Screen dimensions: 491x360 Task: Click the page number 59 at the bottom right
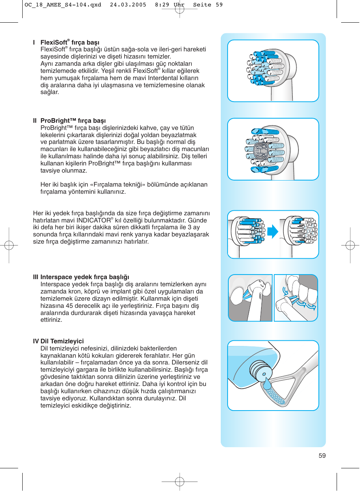click(322, 455)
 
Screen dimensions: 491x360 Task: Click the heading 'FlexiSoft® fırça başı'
click(70, 42)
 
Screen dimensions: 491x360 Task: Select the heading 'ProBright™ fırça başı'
click(73, 120)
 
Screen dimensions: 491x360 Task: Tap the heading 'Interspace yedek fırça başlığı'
click(85, 277)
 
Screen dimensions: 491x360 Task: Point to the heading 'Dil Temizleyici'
click(62, 341)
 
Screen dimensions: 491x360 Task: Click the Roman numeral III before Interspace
click(35, 277)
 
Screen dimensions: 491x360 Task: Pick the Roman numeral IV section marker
click(36, 341)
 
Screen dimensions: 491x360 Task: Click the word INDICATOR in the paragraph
click(94, 220)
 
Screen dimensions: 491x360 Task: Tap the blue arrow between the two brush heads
click(272, 232)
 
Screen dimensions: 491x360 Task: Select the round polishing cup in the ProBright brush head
click(260, 151)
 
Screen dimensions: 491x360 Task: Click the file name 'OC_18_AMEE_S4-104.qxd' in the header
click(63, 5)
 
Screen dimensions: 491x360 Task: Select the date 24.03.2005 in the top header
click(128, 5)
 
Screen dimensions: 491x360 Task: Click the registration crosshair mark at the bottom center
click(180, 481)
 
